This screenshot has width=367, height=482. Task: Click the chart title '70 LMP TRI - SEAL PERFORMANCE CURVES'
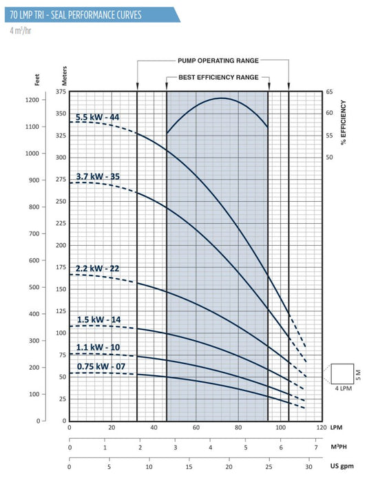click(x=83, y=13)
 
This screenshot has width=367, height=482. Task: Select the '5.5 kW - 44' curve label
click(x=98, y=117)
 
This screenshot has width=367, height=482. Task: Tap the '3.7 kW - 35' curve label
click(x=98, y=177)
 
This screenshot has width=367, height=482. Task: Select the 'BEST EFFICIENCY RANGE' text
click(x=218, y=78)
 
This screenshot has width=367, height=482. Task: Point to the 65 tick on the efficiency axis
click(x=329, y=92)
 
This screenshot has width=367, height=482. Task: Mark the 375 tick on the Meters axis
click(x=61, y=92)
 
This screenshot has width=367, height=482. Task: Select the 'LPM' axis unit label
click(x=337, y=428)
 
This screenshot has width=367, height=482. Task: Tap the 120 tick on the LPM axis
click(x=321, y=428)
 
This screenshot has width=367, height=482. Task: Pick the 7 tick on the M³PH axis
click(x=316, y=447)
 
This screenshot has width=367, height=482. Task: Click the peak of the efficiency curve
click(x=222, y=98)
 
